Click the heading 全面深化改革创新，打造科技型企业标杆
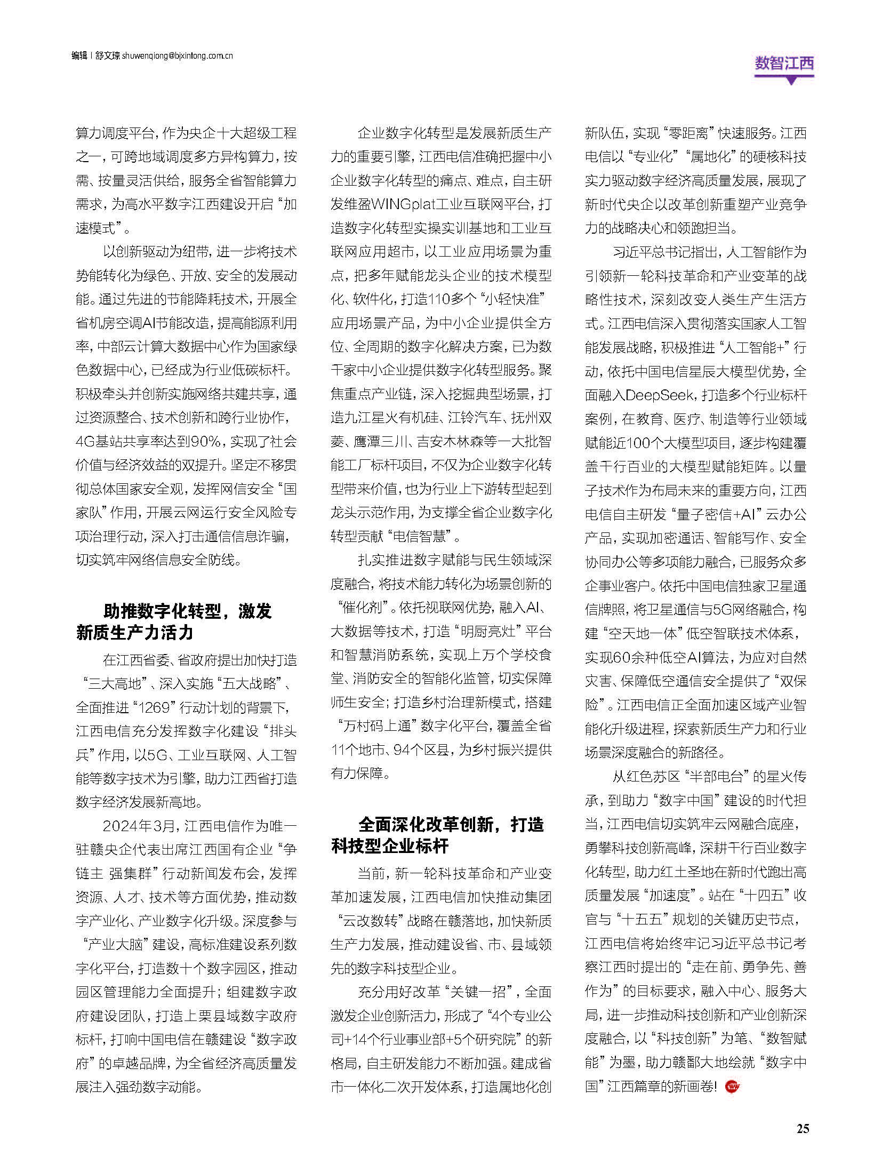pyautogui.click(x=437, y=835)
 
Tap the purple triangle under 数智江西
pyautogui.click(x=792, y=81)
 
